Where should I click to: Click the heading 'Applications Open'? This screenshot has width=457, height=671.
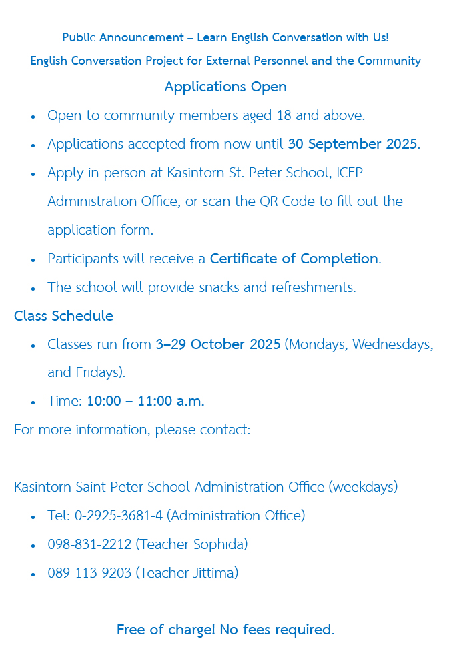coord(225,87)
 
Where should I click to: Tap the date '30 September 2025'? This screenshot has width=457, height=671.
coord(352,144)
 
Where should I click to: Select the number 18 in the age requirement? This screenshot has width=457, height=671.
coord(284,115)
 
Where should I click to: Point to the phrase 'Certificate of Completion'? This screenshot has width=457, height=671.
coord(294,259)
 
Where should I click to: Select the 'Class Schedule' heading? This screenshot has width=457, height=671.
coord(63,316)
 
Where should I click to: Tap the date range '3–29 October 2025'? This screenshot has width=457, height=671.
coord(217,344)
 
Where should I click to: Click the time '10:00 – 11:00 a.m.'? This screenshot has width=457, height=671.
coord(145,402)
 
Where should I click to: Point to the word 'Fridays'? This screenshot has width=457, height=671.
coord(98,373)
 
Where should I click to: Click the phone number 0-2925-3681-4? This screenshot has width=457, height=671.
coord(119,516)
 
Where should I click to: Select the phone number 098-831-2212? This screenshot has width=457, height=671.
coord(89,544)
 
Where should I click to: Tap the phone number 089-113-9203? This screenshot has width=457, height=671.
coord(89,573)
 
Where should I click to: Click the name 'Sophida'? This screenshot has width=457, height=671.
coord(218,544)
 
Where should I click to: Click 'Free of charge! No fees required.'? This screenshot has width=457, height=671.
coord(225,630)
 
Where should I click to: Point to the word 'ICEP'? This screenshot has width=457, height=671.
coord(350,173)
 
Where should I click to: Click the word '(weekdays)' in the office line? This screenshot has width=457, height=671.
coord(363,487)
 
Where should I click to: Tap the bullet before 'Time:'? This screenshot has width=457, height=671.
coord(33,402)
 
